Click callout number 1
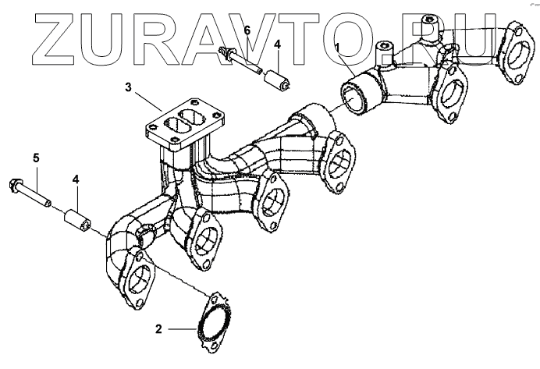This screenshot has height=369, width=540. (x=337, y=48)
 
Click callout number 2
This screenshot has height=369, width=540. (x=158, y=329)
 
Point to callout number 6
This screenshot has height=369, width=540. (x=247, y=31)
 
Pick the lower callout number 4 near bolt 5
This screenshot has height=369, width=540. (x=76, y=180)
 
